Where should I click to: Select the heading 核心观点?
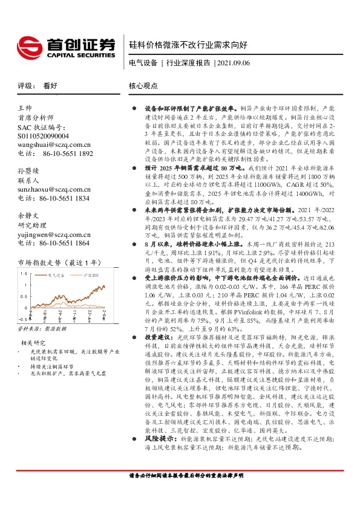[x=143, y=86]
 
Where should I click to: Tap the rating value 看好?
[x=50, y=86]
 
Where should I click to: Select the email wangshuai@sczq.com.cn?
[x=54, y=145]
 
